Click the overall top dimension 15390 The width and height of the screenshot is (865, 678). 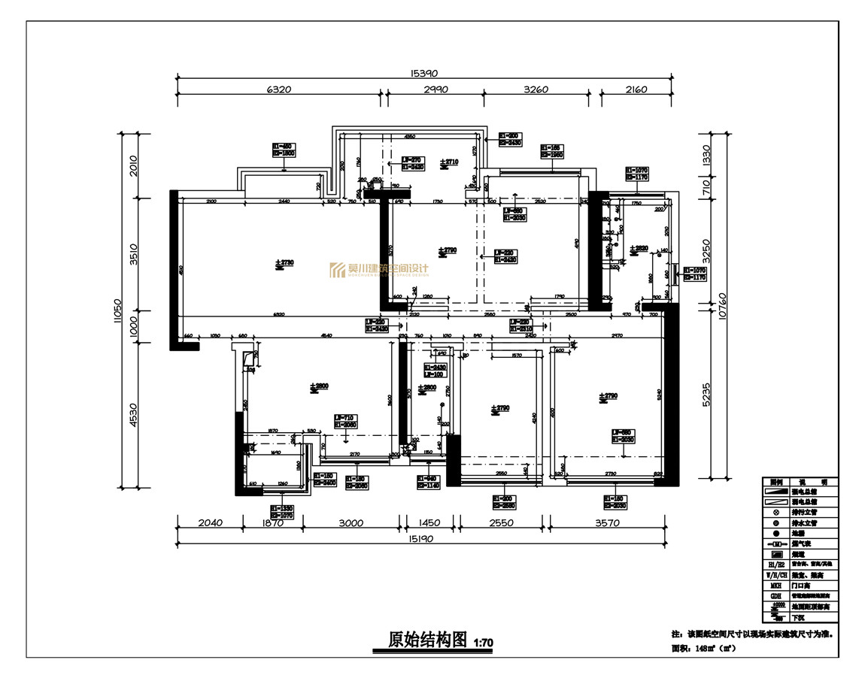tap(423, 73)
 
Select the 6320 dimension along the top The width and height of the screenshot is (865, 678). tap(278, 89)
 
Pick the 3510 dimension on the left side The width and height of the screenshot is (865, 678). tap(134, 254)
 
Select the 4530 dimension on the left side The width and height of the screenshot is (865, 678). tap(134, 414)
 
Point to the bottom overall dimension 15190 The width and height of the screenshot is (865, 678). tap(423, 539)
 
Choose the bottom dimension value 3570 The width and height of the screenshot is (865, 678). tap(607, 523)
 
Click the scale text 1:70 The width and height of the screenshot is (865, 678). tap(483, 643)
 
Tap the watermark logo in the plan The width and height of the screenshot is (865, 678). tap(379, 271)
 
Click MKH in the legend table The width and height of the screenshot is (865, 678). tap(775, 584)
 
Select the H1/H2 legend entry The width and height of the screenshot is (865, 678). tap(775, 563)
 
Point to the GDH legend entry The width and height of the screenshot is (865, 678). tap(775, 595)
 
